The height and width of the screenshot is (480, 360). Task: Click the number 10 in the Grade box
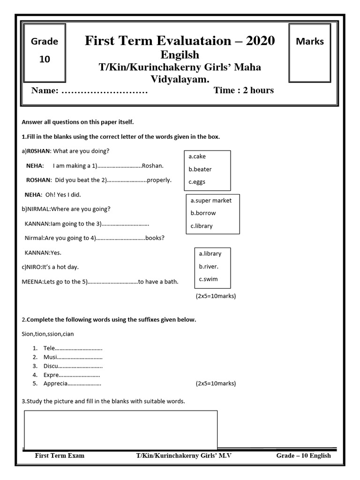[45, 60]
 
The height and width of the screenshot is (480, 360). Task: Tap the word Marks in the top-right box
[310, 41]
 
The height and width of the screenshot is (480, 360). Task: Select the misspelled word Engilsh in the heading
[180, 55]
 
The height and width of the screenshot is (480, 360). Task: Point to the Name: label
[45, 90]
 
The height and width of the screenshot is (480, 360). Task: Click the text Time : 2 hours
[244, 90]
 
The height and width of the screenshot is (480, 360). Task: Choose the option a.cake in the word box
[197, 157]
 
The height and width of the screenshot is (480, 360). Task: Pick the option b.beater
[200, 169]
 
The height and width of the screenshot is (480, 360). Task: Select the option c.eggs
[197, 182]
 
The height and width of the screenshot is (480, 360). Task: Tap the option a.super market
[211, 200]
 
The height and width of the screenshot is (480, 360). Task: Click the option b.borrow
[203, 213]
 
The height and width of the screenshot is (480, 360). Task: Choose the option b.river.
[209, 266]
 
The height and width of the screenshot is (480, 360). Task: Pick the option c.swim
[209, 279]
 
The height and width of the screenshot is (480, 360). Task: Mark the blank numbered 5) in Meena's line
[113, 282]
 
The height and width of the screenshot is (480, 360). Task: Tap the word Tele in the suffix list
[49, 348]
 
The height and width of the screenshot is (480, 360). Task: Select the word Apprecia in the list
[55, 383]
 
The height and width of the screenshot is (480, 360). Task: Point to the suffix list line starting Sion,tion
[48, 334]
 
